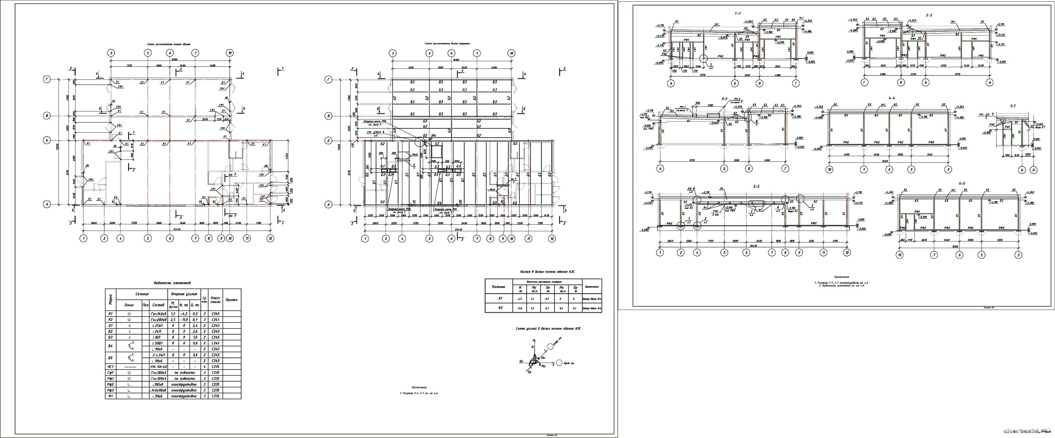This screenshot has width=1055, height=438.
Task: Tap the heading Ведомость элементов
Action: coord(172,283)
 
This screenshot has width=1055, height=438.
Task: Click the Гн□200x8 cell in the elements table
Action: coord(159,319)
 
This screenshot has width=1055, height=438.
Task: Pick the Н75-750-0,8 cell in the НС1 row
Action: coord(159,367)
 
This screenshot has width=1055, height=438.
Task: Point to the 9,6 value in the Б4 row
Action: coord(195,343)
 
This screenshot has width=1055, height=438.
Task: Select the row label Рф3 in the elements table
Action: coord(110,390)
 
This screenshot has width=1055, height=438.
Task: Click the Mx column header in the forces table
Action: coord(561,289)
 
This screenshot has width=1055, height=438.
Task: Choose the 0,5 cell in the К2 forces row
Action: coord(561,308)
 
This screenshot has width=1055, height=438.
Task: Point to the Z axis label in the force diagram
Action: coord(533,340)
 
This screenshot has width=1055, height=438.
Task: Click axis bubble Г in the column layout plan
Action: coord(47,80)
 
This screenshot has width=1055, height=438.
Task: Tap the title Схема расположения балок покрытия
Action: coord(447,43)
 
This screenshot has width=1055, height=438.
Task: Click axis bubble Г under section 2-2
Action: coord(865,83)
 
